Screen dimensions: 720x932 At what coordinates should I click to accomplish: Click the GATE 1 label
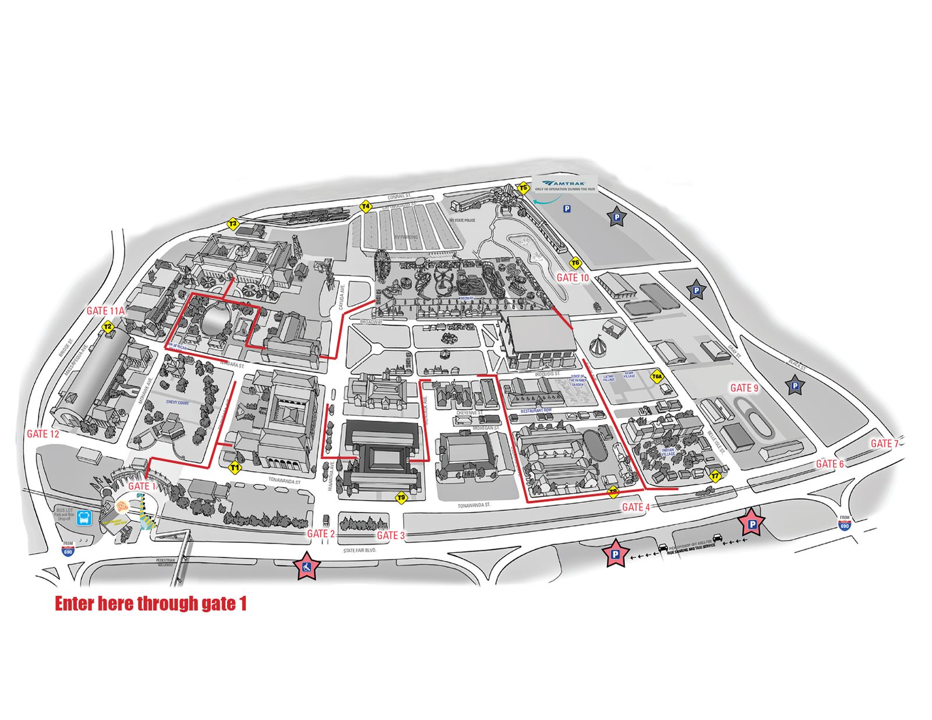(142, 486)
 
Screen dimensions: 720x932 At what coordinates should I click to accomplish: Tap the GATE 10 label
(573, 278)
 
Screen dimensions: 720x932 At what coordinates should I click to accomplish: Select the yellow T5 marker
(523, 188)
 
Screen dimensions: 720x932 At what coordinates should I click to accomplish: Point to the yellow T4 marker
(366, 206)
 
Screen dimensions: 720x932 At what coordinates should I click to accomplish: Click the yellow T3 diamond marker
(233, 224)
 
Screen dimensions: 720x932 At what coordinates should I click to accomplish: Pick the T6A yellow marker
(657, 377)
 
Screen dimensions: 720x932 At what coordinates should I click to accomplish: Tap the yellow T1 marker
(235, 467)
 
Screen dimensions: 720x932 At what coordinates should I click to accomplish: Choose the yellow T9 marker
(401, 497)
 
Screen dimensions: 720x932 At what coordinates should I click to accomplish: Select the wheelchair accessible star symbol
(306, 566)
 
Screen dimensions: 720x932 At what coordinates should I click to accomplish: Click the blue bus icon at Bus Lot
(85, 517)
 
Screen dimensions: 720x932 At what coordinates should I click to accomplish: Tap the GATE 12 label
(43, 434)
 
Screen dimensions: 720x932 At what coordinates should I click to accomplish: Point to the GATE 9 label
(744, 388)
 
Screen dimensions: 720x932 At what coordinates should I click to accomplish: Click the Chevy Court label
(178, 403)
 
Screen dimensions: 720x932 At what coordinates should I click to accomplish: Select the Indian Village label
(668, 451)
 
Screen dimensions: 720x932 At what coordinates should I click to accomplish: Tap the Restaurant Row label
(536, 411)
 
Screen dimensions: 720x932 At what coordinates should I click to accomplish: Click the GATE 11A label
(105, 311)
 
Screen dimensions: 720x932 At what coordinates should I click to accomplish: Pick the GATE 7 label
(884, 444)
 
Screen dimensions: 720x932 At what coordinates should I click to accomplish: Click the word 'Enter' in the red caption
(75, 603)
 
